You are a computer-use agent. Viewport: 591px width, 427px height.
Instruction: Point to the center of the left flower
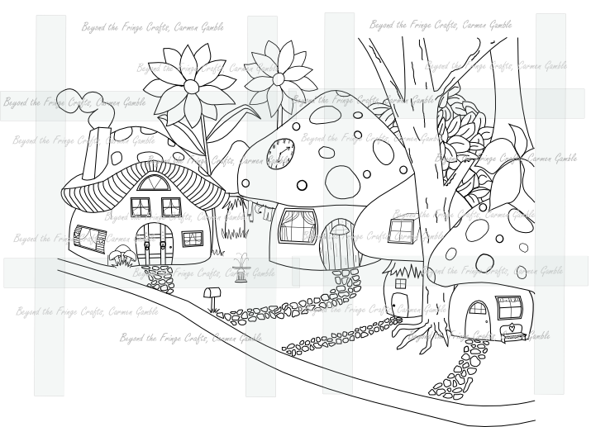click(191, 85)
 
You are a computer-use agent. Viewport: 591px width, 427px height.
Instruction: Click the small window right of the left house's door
click(192, 239)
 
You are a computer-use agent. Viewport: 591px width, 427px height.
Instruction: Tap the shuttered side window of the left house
click(88, 240)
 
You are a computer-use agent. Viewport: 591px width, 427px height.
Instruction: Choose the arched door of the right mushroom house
click(477, 320)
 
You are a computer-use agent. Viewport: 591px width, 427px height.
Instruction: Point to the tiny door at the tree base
click(401, 304)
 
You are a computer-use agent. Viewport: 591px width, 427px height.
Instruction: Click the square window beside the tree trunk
click(402, 230)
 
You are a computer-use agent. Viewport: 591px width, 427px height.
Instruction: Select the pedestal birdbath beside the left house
click(241, 268)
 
